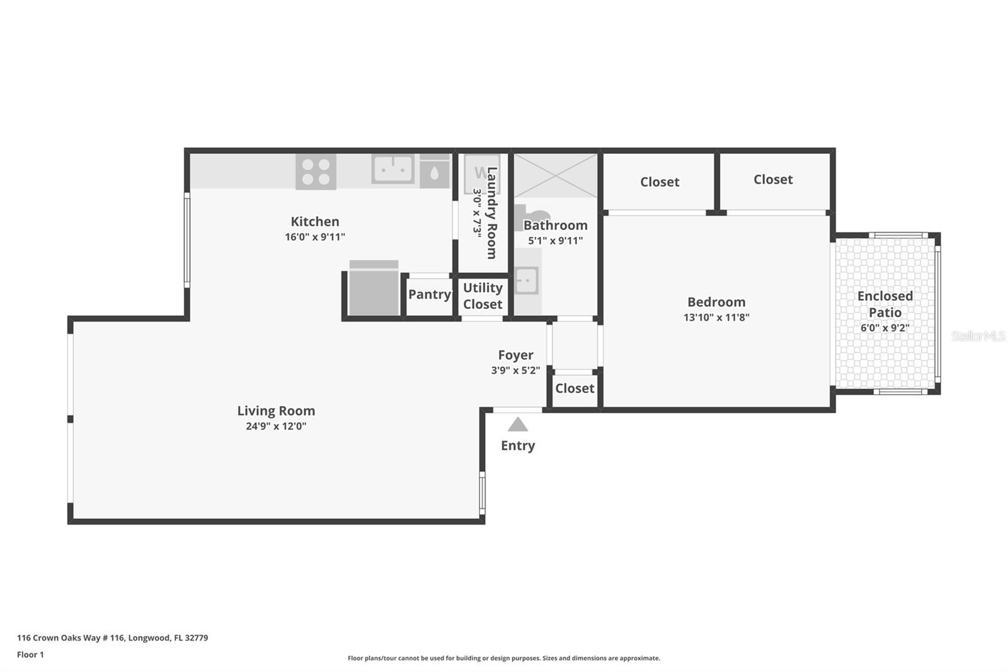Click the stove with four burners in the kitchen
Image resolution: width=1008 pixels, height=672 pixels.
point(316,171)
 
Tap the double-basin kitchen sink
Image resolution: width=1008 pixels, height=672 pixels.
point(392,169)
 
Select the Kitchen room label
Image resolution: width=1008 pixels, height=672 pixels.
point(314,221)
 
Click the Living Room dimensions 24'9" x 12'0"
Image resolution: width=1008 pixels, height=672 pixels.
point(276,426)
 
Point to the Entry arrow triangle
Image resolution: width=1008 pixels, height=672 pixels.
point(517,424)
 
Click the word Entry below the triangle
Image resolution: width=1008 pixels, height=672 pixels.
point(517,446)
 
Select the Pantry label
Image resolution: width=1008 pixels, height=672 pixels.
point(429,294)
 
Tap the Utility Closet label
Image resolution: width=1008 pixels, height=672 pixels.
point(483,296)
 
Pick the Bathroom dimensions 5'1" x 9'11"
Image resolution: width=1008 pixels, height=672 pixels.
point(555,241)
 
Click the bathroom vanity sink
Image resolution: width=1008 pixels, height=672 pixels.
point(526,281)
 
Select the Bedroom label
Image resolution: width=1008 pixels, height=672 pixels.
point(716,302)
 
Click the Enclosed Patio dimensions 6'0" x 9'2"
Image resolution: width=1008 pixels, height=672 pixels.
point(885,328)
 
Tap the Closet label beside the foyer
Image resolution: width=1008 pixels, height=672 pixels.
point(574,388)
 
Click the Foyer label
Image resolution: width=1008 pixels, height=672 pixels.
point(515,355)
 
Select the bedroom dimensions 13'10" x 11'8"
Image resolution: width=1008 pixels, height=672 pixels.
point(716,318)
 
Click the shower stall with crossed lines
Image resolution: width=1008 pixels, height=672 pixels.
point(555,175)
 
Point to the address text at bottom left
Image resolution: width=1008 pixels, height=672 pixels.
point(112,637)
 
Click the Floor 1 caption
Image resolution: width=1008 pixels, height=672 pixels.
point(30,654)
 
